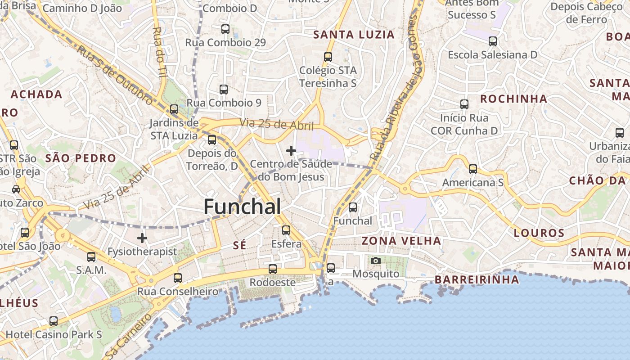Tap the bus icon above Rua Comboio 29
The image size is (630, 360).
point(225,29)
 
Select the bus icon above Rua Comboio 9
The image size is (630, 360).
point(224,89)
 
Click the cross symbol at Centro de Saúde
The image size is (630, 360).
point(291,150)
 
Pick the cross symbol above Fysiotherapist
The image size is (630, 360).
point(142,238)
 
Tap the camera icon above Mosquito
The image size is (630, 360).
point(375,261)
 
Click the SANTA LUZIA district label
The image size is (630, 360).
point(354,35)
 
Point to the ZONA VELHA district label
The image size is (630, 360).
point(401,241)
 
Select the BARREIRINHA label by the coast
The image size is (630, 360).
point(477,279)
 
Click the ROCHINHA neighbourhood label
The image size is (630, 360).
point(513,99)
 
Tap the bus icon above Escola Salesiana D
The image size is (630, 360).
point(493,41)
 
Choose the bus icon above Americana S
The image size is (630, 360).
point(472,169)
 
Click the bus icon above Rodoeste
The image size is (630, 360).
point(273,269)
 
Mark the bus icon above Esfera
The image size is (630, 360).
point(286,230)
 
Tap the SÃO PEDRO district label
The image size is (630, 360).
point(81,158)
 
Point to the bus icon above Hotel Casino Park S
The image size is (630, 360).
point(54,321)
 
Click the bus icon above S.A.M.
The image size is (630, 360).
point(91,257)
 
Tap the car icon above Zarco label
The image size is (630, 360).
point(16,189)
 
